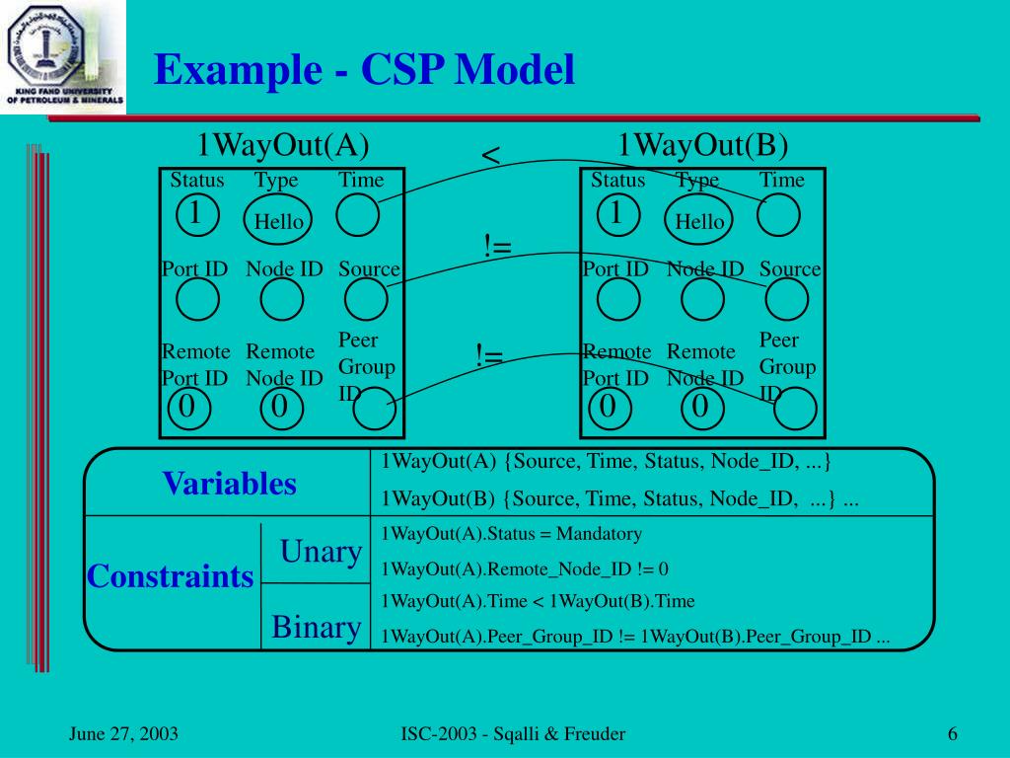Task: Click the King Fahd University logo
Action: coord(63,56)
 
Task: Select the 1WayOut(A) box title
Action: coord(282,145)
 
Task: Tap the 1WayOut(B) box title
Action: coord(702,145)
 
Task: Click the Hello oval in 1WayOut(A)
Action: coord(278,220)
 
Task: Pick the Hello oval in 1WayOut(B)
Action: coord(699,220)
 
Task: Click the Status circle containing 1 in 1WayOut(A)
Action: coord(196,213)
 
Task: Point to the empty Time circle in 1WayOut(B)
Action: coord(778,216)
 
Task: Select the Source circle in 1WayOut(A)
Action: coord(366,299)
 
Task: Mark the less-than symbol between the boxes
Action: coord(490,156)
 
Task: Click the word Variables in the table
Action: coord(229,484)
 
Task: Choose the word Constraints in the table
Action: coord(170,576)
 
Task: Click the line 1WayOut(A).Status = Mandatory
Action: coord(511,534)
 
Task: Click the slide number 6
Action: coord(953,733)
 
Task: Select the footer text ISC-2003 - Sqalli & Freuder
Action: coord(513,733)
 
